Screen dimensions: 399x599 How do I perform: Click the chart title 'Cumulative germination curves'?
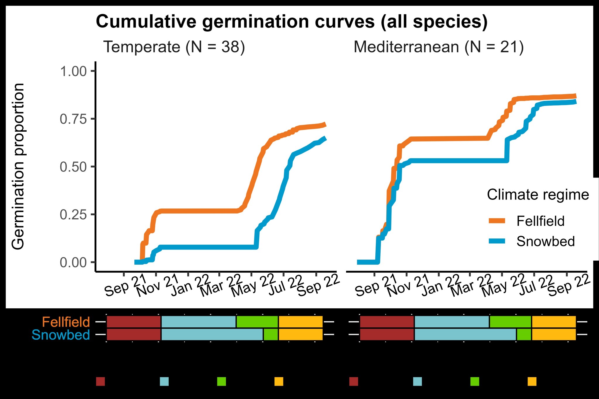click(291, 22)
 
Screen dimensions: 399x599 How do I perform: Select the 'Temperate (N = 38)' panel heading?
click(174, 47)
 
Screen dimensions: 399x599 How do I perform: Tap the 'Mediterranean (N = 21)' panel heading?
click(438, 47)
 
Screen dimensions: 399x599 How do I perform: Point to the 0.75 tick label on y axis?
click(73, 119)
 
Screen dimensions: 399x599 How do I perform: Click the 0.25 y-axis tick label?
click(73, 215)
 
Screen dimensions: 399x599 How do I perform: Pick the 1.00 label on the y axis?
click(73, 71)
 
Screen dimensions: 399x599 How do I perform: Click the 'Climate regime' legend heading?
click(538, 195)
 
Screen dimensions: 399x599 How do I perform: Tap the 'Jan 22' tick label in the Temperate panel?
click(190, 285)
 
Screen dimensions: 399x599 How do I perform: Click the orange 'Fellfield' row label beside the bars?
click(66, 322)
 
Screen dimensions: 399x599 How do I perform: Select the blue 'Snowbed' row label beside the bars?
click(61, 335)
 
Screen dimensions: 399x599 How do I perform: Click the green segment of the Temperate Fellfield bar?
click(257, 322)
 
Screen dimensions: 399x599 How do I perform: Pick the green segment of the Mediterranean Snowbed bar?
click(524, 335)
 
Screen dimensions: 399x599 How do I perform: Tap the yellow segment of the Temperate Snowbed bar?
click(301, 335)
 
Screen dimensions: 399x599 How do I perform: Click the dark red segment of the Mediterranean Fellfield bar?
click(387, 322)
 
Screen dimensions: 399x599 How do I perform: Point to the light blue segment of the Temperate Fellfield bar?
click(198, 322)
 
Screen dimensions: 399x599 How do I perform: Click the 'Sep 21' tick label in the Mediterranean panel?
click(375, 286)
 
